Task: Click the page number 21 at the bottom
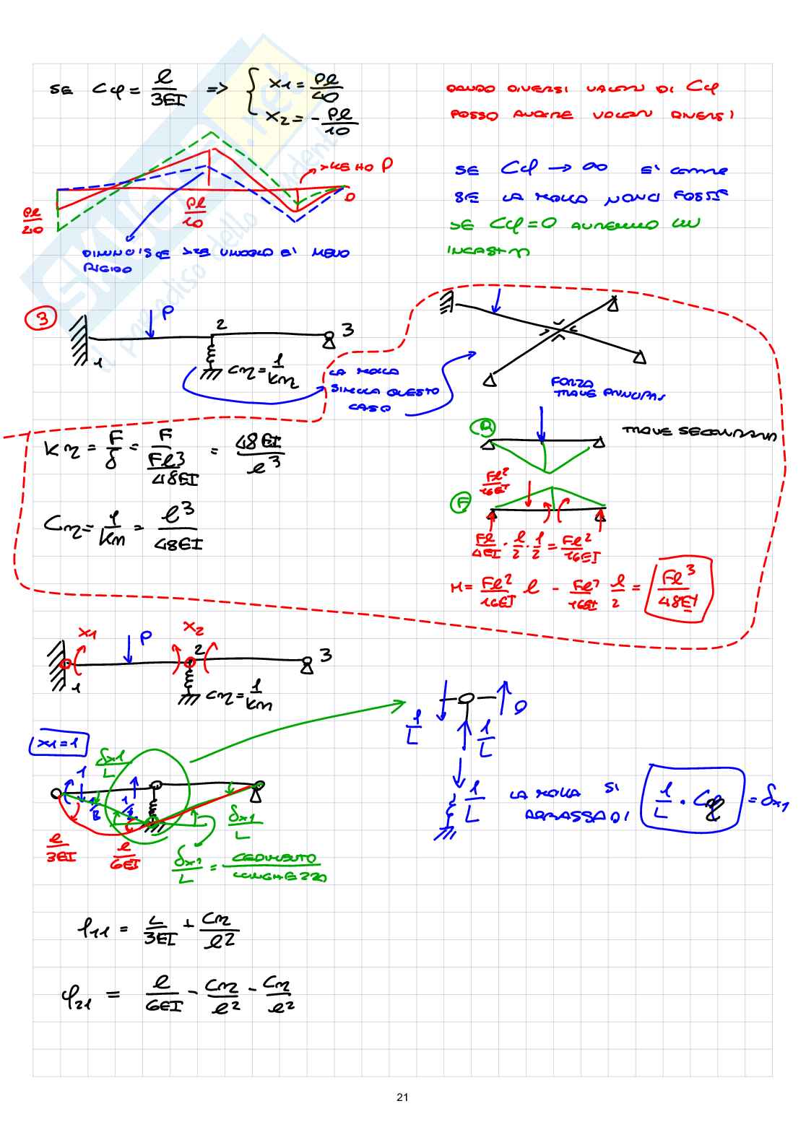coord(402,1097)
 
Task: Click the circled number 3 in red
coord(41,318)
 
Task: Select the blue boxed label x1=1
coord(58,744)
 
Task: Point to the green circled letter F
coord(460,502)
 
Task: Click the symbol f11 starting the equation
coord(92,928)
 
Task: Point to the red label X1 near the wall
coord(87,633)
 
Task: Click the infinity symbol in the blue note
coord(594,167)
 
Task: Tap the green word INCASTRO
coord(488,251)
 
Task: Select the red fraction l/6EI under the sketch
coord(125,856)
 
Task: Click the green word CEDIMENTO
coord(274,858)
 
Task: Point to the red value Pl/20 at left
coord(32,222)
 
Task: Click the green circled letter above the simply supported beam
coord(482,428)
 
